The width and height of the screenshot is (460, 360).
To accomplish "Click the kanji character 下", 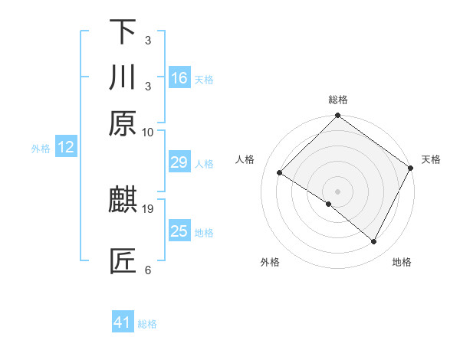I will coord(123,32).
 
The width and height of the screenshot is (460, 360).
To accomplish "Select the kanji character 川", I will coord(123,77).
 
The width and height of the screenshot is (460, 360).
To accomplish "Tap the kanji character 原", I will coord(123,123).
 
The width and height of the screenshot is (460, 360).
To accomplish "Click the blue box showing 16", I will coord(179,77).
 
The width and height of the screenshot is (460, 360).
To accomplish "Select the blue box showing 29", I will coord(179,162).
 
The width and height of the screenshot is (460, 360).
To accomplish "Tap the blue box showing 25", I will coord(179,231).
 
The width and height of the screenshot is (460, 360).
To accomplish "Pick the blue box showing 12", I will coord(66,147).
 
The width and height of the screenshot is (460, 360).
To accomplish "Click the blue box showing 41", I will coord(123,322).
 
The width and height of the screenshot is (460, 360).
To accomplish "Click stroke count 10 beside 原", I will coord(148,132).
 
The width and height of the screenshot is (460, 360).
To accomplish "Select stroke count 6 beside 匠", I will coord(148,270).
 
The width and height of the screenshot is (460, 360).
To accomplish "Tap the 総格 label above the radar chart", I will coord(338,100).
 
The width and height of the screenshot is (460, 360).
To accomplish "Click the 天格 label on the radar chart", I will coord(431,159).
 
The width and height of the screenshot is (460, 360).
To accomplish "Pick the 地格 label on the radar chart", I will coord(402,262).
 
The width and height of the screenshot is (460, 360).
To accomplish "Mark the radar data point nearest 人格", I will coord(280,172).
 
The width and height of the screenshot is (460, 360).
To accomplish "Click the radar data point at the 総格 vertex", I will coord(338,116).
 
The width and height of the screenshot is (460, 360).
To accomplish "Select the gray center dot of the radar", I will coord(338,191).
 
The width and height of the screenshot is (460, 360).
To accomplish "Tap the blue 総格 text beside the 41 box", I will coord(147,324).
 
